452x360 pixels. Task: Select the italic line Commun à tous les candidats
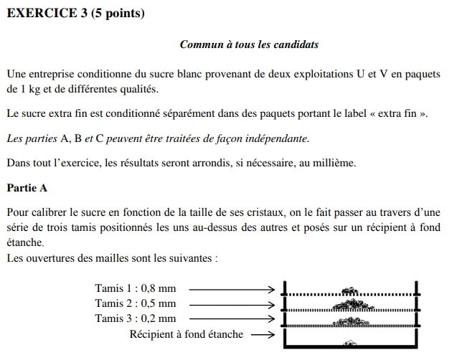[x=249, y=44]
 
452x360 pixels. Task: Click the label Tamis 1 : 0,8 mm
[x=135, y=289]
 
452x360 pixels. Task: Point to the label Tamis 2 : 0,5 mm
[x=135, y=304]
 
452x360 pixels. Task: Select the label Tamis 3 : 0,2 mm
[x=135, y=318]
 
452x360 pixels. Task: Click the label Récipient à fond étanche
[x=186, y=334]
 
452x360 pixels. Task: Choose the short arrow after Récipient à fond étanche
[x=263, y=335]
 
